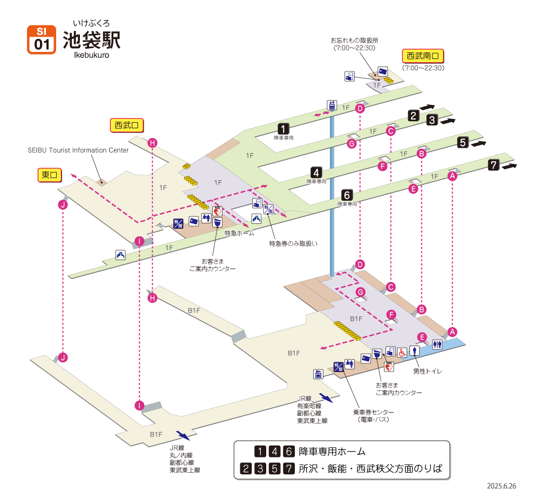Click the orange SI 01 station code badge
[x=42, y=39]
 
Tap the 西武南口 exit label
[x=423, y=56]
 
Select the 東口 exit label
[x=49, y=175]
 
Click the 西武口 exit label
[x=126, y=125]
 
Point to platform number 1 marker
[x=283, y=129]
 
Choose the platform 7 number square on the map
[x=494, y=165]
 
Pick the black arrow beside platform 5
[x=478, y=144]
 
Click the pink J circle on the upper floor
[x=64, y=205]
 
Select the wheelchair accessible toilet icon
[x=402, y=352]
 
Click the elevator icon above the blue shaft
[x=332, y=105]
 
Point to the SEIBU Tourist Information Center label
[x=78, y=150]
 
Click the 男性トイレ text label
[x=428, y=371]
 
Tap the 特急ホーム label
[x=239, y=233]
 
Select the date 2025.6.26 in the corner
[x=501, y=486]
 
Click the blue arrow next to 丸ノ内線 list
[x=183, y=435]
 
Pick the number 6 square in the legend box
[x=289, y=452]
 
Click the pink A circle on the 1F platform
[x=453, y=175]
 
